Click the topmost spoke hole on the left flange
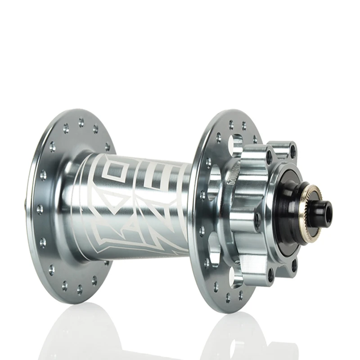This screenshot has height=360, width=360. click(81, 121)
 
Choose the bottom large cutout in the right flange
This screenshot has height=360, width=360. click(234, 277)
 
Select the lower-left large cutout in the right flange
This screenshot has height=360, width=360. click(214, 245)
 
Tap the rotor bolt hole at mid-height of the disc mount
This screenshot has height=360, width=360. click(257, 218)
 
